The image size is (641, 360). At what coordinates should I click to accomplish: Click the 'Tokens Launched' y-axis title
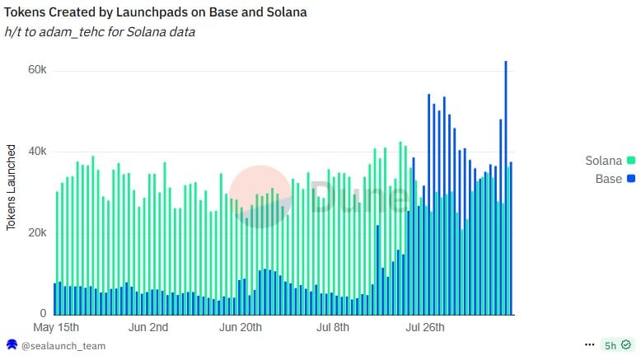(x=12, y=188)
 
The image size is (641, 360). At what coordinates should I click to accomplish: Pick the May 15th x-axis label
(x=54, y=328)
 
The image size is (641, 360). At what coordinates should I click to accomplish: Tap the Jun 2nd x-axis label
(x=148, y=328)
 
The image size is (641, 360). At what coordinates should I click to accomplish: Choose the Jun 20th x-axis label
(x=241, y=328)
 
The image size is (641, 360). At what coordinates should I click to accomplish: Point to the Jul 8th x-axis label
(x=333, y=328)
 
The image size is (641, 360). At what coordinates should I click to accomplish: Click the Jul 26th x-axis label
(x=425, y=328)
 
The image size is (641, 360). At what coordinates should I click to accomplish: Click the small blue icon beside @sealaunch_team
(x=12, y=345)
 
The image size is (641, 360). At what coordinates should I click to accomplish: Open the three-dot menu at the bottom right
(x=589, y=345)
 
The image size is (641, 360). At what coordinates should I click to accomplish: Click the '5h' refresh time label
(x=611, y=345)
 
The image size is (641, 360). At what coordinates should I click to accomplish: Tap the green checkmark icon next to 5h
(x=625, y=345)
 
